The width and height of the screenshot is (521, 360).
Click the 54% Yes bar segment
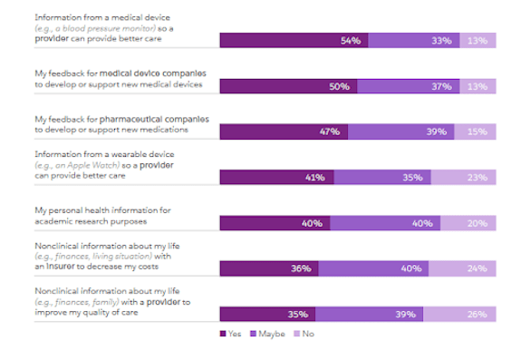pyautogui.click(x=294, y=40)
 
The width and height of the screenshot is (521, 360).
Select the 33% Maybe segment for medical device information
pyautogui.click(x=413, y=40)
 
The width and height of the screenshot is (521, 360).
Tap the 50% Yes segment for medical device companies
pyautogui.click(x=288, y=85)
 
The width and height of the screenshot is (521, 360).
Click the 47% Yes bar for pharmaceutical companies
pyautogui.click(x=284, y=131)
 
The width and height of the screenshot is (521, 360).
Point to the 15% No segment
pyautogui.click(x=477, y=131)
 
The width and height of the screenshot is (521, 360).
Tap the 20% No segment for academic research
pyautogui.click(x=469, y=223)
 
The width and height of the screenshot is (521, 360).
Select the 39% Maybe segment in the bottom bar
pyautogui.click(x=370, y=314)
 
